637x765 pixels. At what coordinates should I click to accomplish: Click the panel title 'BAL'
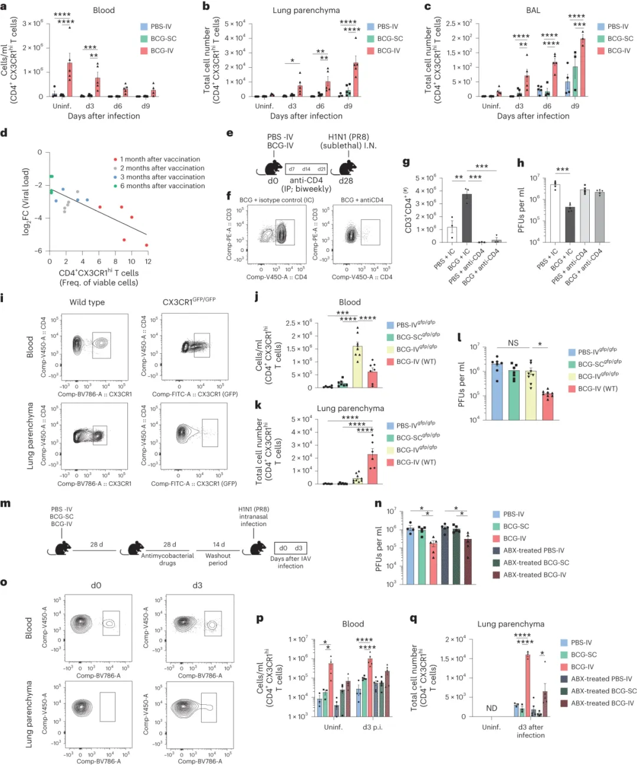(x=533, y=10)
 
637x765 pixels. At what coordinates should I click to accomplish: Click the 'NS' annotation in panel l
(x=513, y=343)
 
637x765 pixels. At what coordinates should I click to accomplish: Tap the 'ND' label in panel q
(x=491, y=708)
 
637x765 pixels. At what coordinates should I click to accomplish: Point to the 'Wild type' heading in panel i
(x=87, y=302)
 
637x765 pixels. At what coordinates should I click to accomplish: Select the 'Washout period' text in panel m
(x=218, y=559)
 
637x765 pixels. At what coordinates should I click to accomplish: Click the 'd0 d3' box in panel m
(x=290, y=548)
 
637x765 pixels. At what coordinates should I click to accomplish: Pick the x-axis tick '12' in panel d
(x=148, y=261)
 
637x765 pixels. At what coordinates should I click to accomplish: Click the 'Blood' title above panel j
(x=350, y=302)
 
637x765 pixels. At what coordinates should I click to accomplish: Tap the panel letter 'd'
(x=4, y=133)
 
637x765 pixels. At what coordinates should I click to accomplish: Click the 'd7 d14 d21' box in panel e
(x=306, y=169)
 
